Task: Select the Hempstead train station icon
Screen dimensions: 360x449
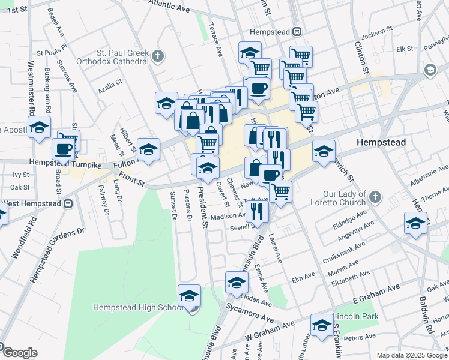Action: [x=297, y=32]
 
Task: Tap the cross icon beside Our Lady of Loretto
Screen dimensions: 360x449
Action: [x=375, y=197]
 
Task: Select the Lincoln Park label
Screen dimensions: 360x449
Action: [x=358, y=316]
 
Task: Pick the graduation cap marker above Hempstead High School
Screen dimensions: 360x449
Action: [x=190, y=295]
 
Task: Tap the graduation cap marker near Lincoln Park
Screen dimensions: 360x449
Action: [x=322, y=325]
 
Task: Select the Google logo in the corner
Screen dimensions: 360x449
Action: [x=19, y=353]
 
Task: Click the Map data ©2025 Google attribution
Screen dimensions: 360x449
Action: [x=412, y=355]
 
